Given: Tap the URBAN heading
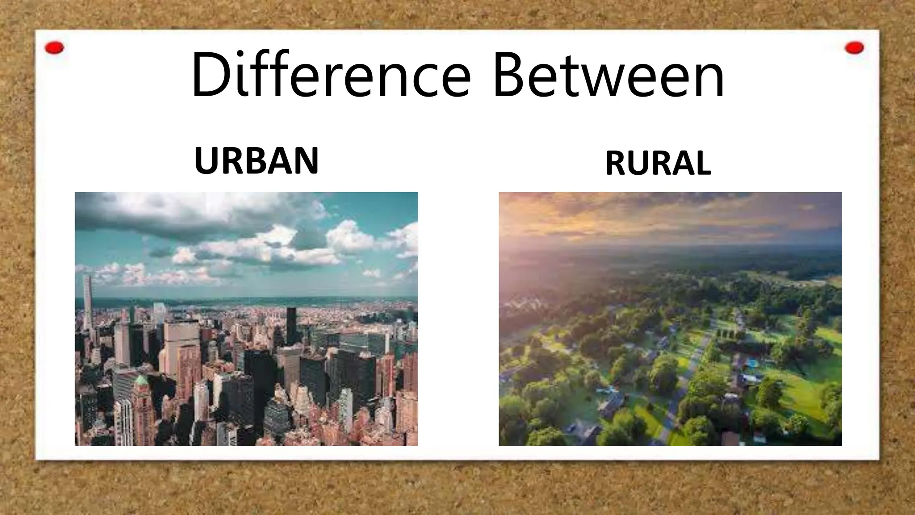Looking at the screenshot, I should (x=256, y=160).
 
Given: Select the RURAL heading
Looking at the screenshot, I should (x=658, y=163).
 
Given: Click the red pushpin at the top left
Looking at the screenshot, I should (x=55, y=48).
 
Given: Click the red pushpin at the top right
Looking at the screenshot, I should (x=854, y=48).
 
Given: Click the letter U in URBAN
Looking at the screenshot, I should (x=206, y=160).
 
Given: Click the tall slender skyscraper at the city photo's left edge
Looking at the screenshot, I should (x=88, y=297).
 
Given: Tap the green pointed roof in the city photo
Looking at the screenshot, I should (x=141, y=381).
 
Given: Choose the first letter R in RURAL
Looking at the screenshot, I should (x=616, y=163).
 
